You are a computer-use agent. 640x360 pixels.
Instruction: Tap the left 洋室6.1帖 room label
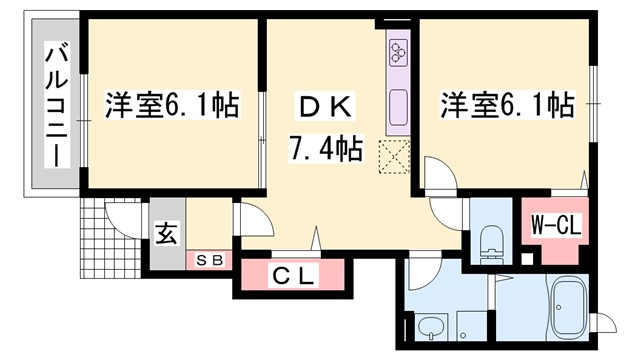click(x=172, y=105)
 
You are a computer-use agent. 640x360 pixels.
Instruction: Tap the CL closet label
click(x=293, y=276)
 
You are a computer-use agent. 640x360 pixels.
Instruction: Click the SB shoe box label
click(x=210, y=261)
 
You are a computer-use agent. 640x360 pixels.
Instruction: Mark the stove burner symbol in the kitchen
click(x=398, y=53)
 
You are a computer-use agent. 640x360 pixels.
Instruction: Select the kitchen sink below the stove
click(x=398, y=102)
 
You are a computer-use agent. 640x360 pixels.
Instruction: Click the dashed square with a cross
click(x=394, y=156)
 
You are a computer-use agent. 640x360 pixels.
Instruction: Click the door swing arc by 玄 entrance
click(x=247, y=218)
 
